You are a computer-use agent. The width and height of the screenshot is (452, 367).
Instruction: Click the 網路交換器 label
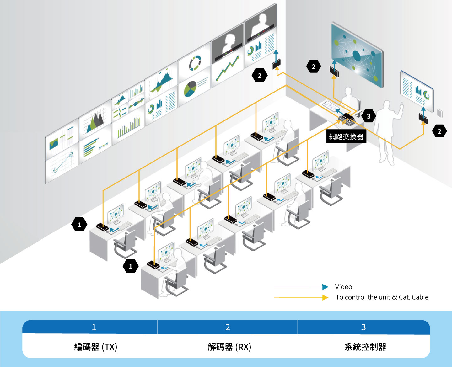coord(346,137)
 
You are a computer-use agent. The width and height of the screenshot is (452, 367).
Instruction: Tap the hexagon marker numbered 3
coord(369,116)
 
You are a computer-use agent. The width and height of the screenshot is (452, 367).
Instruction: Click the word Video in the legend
coord(343,287)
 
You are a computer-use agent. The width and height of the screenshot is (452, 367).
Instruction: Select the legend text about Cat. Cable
coord(382,297)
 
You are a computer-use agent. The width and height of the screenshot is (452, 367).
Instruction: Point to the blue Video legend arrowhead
coord(325,287)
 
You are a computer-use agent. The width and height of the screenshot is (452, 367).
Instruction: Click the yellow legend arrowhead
coord(325,297)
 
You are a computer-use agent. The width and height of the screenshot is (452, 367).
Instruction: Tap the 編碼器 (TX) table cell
coord(95,347)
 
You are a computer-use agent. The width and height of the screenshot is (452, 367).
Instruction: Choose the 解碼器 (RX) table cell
coord(229,347)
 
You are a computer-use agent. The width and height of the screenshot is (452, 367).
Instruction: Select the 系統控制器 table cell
coord(365,347)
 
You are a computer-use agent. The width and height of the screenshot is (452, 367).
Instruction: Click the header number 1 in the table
coord(94,327)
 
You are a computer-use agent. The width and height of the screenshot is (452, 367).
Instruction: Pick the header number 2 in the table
coord(228,327)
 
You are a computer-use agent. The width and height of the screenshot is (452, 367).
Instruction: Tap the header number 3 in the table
coord(363,327)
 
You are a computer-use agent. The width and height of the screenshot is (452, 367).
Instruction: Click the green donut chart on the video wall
coord(195,63)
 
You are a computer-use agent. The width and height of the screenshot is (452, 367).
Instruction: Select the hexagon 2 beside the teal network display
coord(313,66)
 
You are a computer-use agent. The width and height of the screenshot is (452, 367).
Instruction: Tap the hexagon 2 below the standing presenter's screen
coord(439,131)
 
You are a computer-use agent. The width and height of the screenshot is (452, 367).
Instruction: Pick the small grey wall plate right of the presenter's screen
coord(440,113)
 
